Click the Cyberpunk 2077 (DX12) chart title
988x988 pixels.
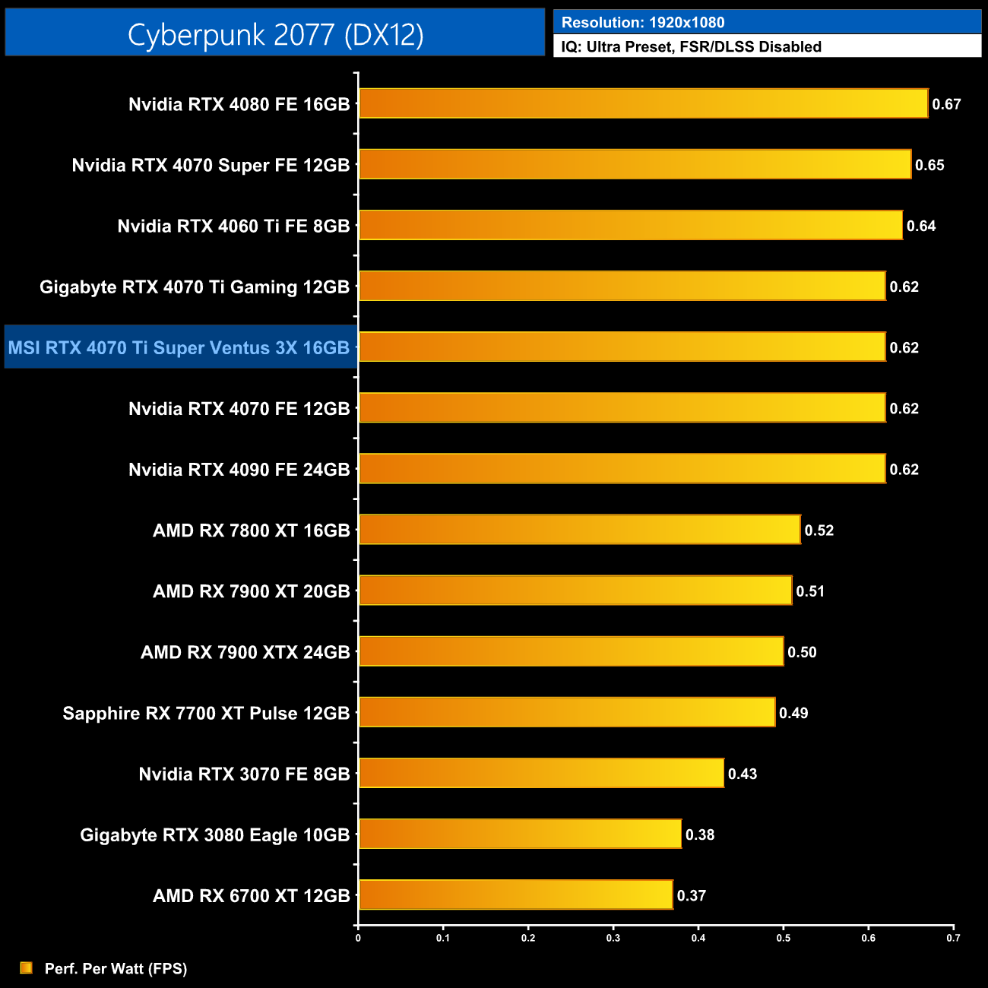point(275,35)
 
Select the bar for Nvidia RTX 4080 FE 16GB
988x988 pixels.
point(643,103)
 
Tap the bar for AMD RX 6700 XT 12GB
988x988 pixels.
point(515,895)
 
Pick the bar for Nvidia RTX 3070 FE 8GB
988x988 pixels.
point(541,773)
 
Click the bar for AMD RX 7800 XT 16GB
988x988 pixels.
point(579,530)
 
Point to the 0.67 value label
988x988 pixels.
point(946,105)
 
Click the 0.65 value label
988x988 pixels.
point(929,166)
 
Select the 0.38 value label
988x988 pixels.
point(700,835)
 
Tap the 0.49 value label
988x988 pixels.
point(793,714)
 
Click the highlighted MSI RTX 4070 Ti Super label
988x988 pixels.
point(179,348)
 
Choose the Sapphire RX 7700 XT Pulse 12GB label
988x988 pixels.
point(206,714)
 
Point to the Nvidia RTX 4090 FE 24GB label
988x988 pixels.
point(239,470)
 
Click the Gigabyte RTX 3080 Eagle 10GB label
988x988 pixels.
point(214,835)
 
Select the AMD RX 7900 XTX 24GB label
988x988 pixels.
point(245,653)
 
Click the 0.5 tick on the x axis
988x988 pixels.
point(783,938)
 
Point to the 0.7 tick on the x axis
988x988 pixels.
point(953,938)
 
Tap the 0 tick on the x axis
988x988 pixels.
point(358,938)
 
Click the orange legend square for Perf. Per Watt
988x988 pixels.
point(27,967)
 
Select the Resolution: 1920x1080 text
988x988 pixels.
point(642,23)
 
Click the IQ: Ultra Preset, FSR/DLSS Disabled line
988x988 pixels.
point(691,47)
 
